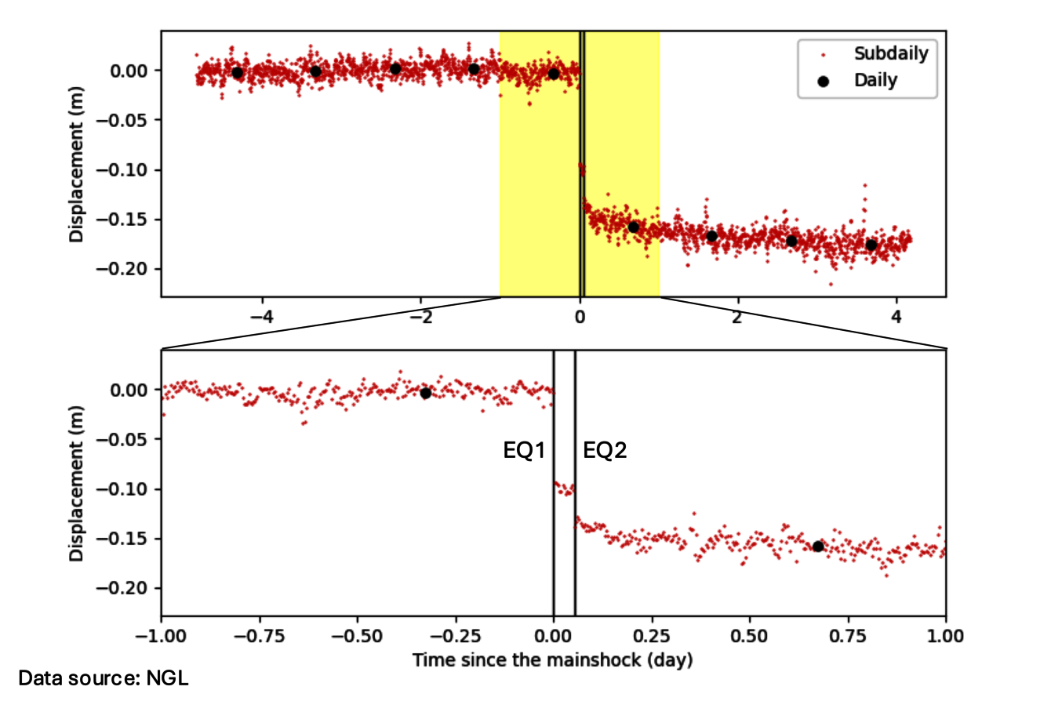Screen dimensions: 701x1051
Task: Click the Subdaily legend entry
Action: click(891, 55)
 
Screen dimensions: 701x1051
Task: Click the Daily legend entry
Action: click(875, 79)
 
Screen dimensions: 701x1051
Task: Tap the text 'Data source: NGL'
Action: click(104, 677)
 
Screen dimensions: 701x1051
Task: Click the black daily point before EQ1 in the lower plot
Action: click(426, 393)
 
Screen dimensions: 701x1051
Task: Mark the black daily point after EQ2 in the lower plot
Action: click(818, 547)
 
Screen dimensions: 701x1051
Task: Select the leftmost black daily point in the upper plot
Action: click(237, 73)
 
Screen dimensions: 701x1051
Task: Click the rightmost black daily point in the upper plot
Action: click(871, 245)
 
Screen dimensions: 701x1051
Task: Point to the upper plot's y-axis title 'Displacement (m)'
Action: click(75, 169)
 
